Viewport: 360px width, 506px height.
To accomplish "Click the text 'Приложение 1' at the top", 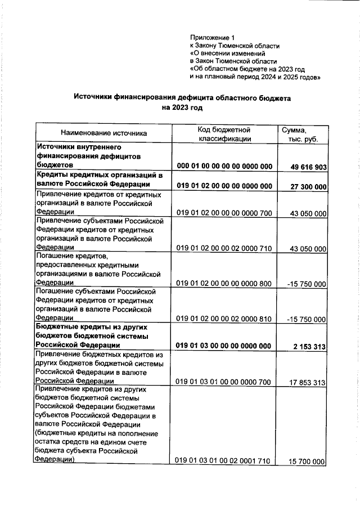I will point(212,37).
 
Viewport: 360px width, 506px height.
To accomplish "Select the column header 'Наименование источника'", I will point(104,133).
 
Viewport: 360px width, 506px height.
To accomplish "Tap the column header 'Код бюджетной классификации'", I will point(224,133).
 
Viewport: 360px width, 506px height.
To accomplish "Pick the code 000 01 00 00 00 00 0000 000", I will point(224,167).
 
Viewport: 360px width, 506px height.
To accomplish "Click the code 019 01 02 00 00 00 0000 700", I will point(224,213).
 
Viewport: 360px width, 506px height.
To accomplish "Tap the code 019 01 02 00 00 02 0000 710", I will point(224,248).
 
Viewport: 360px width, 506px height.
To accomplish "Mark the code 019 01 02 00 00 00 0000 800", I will point(224,284).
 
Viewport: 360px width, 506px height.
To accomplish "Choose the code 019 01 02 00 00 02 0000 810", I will point(224,319).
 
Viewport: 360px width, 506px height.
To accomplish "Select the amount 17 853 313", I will point(308,382).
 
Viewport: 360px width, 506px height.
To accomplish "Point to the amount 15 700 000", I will point(308,462).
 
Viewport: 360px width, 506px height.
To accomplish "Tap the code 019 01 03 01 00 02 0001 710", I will point(224,461).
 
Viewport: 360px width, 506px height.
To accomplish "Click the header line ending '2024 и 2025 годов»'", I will point(255,77).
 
